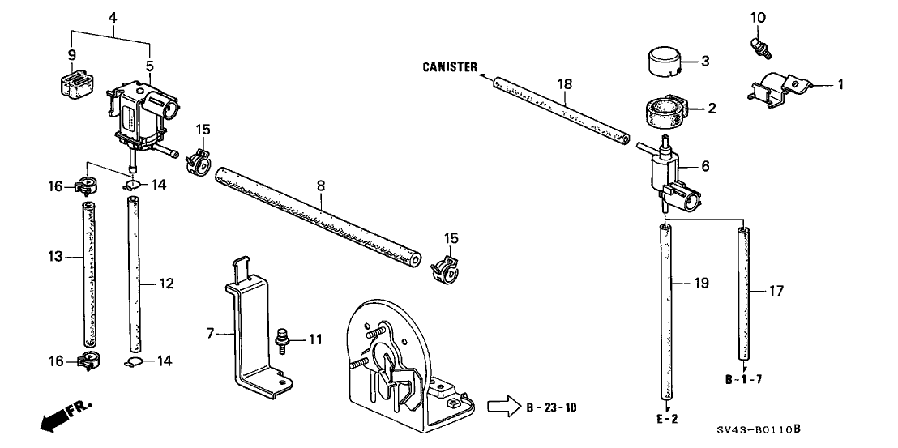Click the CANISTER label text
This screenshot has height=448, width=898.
[450, 67]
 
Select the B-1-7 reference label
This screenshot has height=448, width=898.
[745, 378]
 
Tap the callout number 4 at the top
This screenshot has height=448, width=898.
[113, 15]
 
